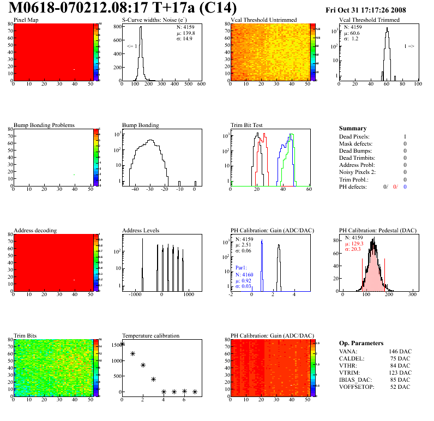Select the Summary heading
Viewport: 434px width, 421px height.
tap(353, 128)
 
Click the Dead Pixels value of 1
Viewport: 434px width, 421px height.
tap(405, 136)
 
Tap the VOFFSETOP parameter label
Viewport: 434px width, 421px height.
tap(358, 387)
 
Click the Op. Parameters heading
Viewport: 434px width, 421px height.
tap(361, 343)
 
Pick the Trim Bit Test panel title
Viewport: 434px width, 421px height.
tap(247, 125)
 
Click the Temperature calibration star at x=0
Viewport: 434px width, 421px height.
tap(122, 344)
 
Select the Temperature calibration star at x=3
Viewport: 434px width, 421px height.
tap(153, 379)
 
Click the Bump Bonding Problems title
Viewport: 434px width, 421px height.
tap(44, 125)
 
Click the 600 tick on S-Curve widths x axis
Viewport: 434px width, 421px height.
tap(201, 85)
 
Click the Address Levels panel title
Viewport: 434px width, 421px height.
tap(141, 230)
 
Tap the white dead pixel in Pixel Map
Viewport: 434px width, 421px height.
tap(74, 69)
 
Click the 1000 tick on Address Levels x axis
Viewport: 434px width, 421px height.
tap(189, 295)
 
